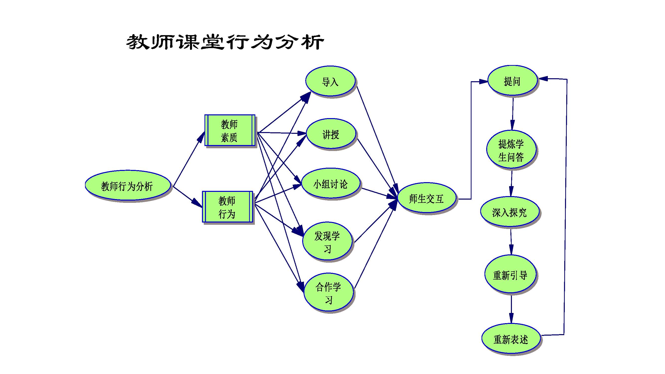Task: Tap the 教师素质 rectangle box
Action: [x=229, y=131]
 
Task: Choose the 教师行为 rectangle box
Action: [x=227, y=207]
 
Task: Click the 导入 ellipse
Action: [x=330, y=81]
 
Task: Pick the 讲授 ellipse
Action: [x=331, y=134]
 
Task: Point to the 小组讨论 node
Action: [x=330, y=184]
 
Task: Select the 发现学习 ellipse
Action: [x=327, y=241]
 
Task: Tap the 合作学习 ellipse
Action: [x=328, y=293]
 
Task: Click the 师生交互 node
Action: [x=426, y=198]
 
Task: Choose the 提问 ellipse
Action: [x=512, y=81]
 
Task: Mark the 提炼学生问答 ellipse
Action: [x=511, y=150]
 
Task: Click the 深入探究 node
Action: [x=509, y=212]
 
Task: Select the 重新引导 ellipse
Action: [x=510, y=274]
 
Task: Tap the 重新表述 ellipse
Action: [x=511, y=339]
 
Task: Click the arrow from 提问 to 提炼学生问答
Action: [x=513, y=113]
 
